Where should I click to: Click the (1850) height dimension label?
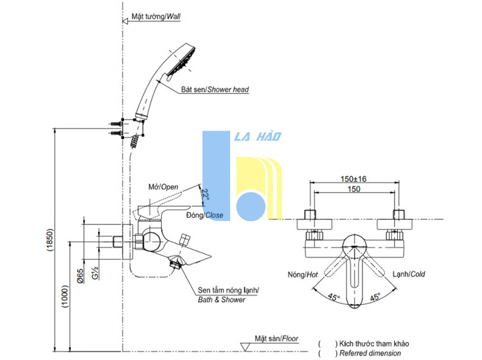[50, 240]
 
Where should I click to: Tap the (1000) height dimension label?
[66, 296]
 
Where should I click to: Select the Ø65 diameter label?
[80, 276]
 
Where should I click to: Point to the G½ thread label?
[95, 273]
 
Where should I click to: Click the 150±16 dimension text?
[353, 179]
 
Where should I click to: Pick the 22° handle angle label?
[205, 195]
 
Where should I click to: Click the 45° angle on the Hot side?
[334, 298]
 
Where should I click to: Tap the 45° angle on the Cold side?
[375, 297]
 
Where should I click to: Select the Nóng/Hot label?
[303, 274]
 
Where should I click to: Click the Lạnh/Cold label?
[409, 274]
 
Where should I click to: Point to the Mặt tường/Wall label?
[156, 16]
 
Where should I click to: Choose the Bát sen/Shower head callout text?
[215, 89]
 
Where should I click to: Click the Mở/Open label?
[163, 187]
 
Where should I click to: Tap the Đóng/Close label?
[205, 215]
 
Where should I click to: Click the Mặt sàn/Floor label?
[276, 339]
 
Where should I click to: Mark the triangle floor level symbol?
[245, 346]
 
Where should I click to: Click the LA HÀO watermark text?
[258, 136]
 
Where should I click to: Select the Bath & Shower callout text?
[221, 300]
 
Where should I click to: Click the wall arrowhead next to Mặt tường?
[125, 21]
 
